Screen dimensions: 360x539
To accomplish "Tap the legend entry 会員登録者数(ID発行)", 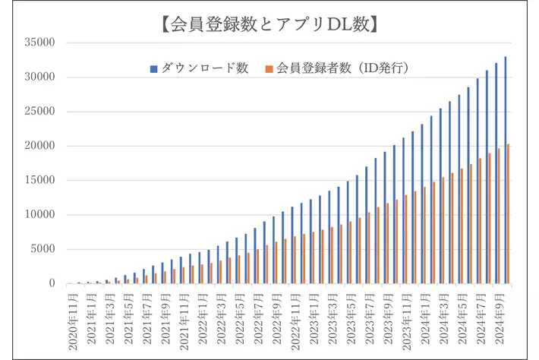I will coord(339,68).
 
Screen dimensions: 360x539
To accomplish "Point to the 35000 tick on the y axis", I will coord(39,43).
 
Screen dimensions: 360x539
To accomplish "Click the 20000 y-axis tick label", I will coord(39,146).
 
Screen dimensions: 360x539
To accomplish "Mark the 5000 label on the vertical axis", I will coord(43,249).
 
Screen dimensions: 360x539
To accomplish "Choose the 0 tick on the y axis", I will coord(51,283).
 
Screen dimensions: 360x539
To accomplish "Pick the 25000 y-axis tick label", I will coord(39,112).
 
